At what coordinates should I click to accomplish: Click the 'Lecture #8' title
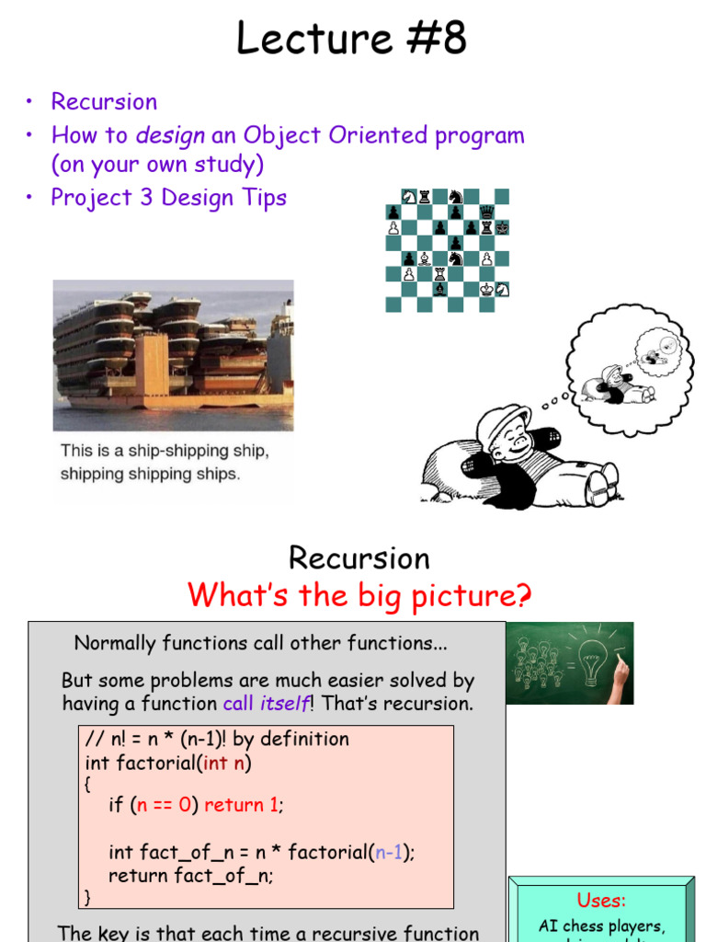pos(352,40)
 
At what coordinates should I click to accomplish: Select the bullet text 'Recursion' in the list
pos(104,102)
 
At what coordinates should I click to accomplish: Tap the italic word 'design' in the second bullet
pos(170,136)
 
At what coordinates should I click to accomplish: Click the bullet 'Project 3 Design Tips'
pos(168,198)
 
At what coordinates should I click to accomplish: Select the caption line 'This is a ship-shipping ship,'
pos(165,451)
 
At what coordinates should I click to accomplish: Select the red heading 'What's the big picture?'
pos(359,596)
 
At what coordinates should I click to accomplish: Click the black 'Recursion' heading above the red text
pos(359,558)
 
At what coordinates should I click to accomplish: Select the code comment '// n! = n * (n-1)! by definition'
pos(217,740)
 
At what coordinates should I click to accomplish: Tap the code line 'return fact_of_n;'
pos(191,876)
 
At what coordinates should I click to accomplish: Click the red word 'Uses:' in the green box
pos(601,900)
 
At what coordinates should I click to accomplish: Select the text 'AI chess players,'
pos(601,926)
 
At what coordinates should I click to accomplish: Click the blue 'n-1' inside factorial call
pos(388,853)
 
